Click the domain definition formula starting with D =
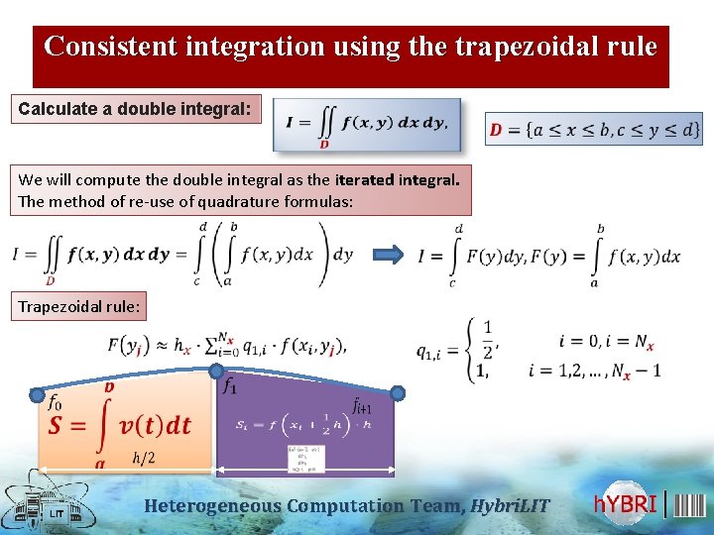[x=593, y=129]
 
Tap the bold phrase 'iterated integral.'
[x=397, y=180]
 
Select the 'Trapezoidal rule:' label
[x=78, y=307]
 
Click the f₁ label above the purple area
[x=230, y=385]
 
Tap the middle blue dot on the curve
[x=215, y=372]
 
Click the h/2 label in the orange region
[x=143, y=457]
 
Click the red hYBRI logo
[x=626, y=504]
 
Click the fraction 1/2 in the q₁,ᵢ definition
[x=486, y=336]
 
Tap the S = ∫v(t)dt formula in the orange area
[x=119, y=426]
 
